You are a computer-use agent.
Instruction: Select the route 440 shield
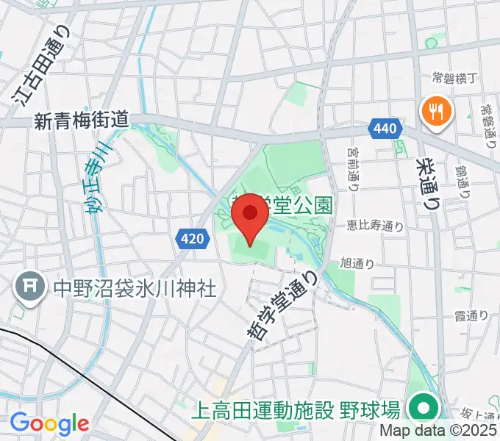(x=387, y=129)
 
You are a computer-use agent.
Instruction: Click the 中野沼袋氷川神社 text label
(x=135, y=288)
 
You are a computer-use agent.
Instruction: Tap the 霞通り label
(x=471, y=316)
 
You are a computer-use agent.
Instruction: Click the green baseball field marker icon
(x=423, y=407)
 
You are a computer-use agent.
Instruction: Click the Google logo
(x=49, y=423)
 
